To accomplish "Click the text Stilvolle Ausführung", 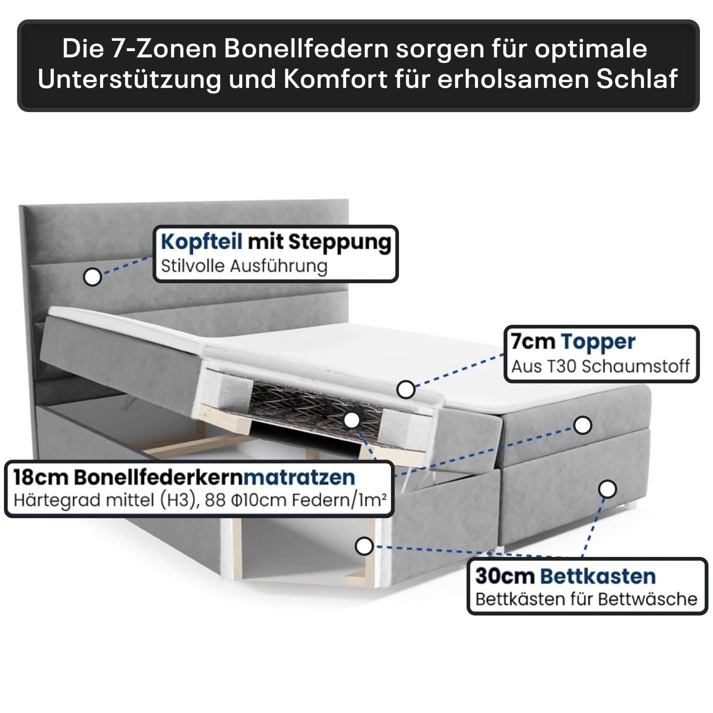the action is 244,267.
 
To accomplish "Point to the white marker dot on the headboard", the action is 92,277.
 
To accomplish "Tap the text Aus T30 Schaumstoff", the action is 601,367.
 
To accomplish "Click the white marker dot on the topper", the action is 406,390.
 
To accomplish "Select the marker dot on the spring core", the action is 352,420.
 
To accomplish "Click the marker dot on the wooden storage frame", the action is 364,546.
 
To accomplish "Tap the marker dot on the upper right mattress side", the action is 582,425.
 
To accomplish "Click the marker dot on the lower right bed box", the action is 607,489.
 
